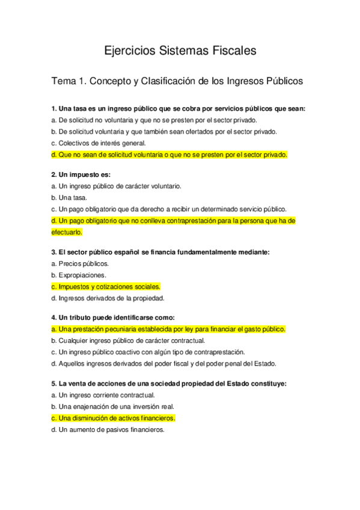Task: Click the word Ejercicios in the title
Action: [128, 51]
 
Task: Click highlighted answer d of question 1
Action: [169, 155]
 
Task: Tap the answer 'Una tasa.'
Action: [73, 197]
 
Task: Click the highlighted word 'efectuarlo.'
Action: [67, 232]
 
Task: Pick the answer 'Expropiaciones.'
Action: [82, 275]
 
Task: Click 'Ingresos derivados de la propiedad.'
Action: [111, 298]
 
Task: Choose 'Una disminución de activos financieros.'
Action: [117, 418]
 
